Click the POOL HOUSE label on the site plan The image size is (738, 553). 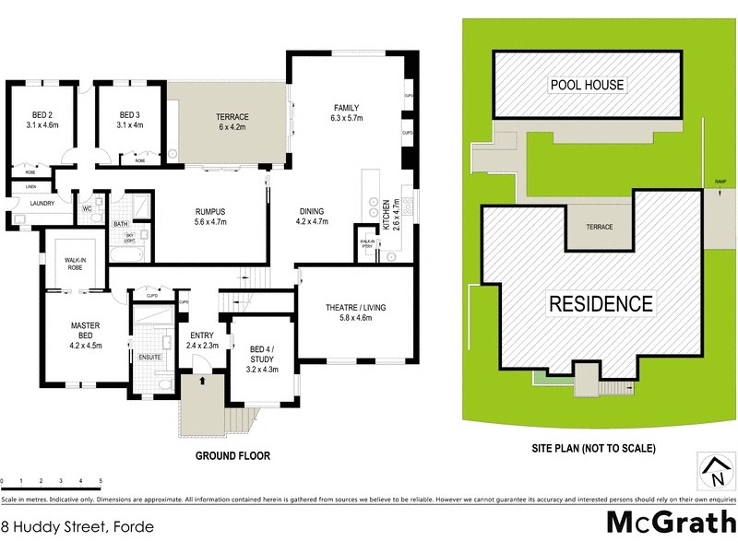pyautogui.click(x=587, y=85)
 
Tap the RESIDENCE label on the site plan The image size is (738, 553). pyautogui.click(x=601, y=303)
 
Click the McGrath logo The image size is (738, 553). pyautogui.click(x=670, y=522)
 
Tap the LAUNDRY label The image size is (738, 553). pyautogui.click(x=42, y=204)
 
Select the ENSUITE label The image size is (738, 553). pyautogui.click(x=150, y=356)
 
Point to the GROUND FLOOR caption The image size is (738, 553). pyautogui.click(x=232, y=455)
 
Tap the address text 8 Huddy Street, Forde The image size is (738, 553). pyautogui.click(x=77, y=527)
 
